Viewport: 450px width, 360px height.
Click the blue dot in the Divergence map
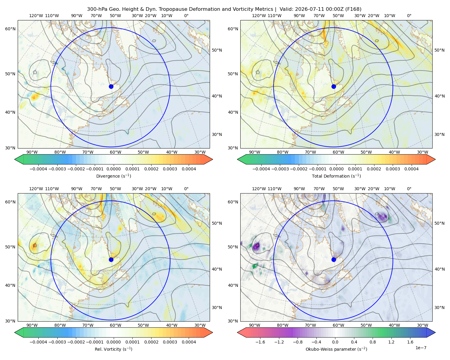(x=111, y=86)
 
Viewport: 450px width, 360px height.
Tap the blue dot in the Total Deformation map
(x=334, y=86)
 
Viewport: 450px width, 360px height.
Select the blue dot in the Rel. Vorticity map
(x=111, y=259)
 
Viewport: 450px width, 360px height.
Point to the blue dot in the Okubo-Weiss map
(x=334, y=259)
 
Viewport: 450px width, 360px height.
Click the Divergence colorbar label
(x=113, y=176)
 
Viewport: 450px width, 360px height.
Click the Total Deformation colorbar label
(x=336, y=176)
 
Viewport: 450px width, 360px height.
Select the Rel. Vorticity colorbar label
(x=113, y=349)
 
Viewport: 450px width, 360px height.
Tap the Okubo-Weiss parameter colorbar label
(x=336, y=349)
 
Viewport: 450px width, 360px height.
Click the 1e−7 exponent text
(x=421, y=348)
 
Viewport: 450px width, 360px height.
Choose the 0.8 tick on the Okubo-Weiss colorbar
(x=373, y=342)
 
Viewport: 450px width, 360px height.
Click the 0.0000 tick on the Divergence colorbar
(x=113, y=169)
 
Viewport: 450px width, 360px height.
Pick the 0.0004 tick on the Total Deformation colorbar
(x=411, y=169)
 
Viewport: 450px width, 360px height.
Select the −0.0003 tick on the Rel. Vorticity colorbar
(x=57, y=342)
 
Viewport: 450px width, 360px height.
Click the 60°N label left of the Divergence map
(x=10, y=29)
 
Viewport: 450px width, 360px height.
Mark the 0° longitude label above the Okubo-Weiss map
(x=409, y=189)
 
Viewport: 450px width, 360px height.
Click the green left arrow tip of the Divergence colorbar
(x=15, y=159)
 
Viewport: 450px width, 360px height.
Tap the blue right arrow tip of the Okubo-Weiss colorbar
(x=435, y=332)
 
